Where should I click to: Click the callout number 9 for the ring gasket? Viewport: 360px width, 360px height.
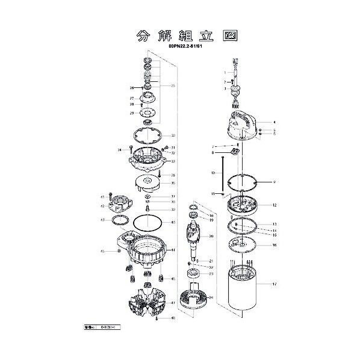click(274, 182)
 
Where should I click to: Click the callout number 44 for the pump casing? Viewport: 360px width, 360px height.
click(173, 250)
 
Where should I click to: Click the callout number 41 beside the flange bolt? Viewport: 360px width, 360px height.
click(102, 197)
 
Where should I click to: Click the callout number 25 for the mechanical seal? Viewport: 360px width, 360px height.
click(173, 85)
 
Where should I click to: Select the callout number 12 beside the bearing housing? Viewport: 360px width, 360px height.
click(274, 205)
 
